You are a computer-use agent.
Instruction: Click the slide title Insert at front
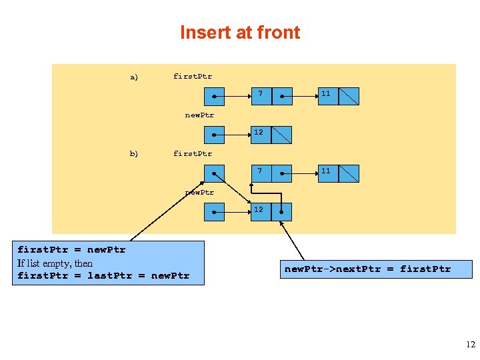click(240, 33)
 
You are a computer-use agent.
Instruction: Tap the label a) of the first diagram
click(134, 77)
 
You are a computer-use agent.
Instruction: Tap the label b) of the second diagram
click(134, 153)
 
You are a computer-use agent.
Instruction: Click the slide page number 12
click(471, 345)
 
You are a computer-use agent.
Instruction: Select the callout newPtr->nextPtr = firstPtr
click(367, 269)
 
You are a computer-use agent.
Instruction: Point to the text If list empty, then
click(55, 263)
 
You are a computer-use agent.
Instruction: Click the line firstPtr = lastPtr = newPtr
click(103, 275)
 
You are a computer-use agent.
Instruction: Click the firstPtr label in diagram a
click(193, 76)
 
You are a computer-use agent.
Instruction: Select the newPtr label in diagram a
click(199, 115)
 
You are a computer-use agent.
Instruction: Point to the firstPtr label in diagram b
click(193, 153)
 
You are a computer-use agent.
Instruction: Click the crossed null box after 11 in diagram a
click(349, 97)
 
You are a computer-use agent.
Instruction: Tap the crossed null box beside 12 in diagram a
click(282, 135)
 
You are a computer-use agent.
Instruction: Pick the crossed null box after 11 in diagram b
click(349, 174)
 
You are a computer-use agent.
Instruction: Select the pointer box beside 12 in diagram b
click(282, 212)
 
